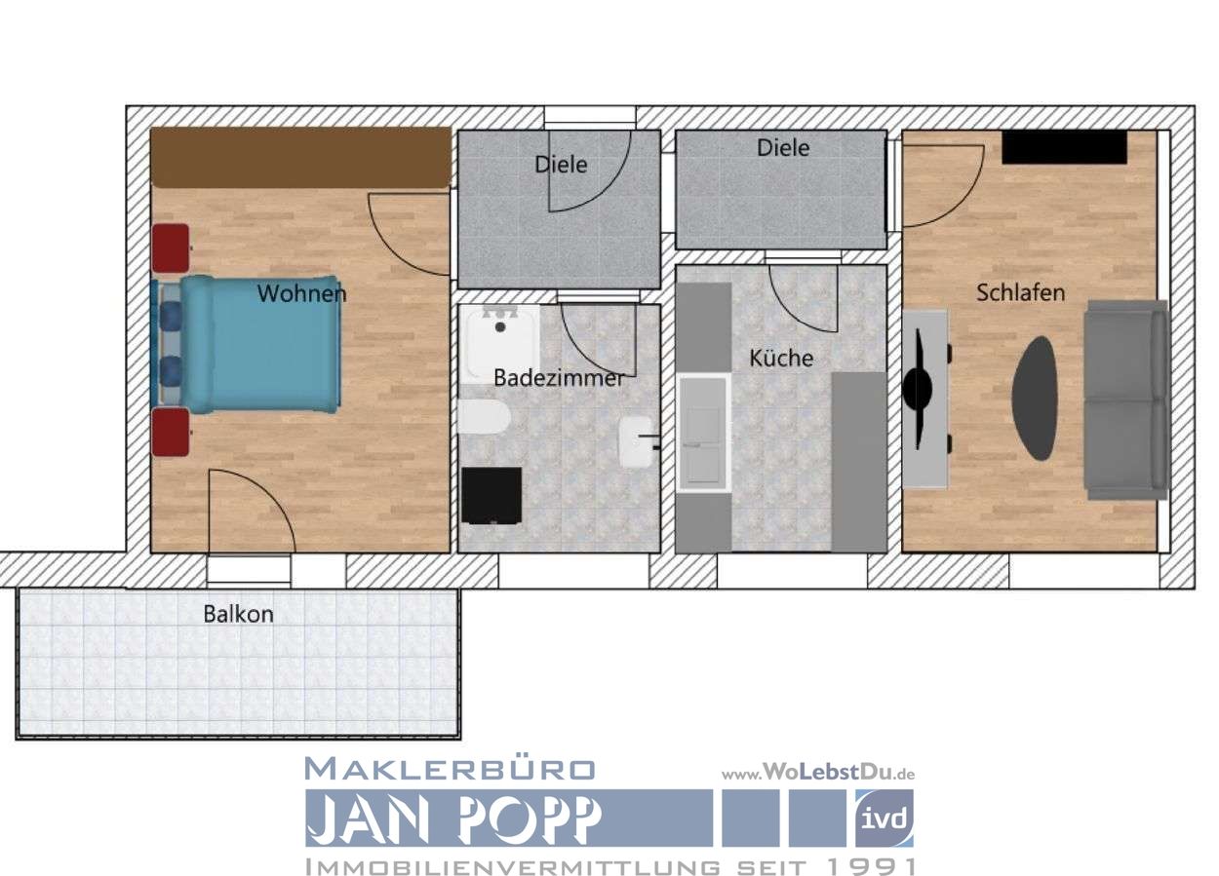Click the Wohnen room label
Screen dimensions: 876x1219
pyautogui.click(x=301, y=293)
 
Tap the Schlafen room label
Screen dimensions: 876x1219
pyautogui.click(x=1020, y=292)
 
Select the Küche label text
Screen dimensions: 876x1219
pyautogui.click(x=780, y=358)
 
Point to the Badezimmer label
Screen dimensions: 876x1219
pyautogui.click(x=558, y=378)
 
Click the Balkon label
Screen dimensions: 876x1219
pyautogui.click(x=238, y=614)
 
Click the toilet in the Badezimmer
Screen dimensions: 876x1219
pyautogui.click(x=483, y=420)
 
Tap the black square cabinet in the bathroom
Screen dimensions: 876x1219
pyautogui.click(x=492, y=496)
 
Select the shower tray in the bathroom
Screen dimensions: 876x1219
pyautogui.click(x=501, y=340)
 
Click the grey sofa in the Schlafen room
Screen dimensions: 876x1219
pyautogui.click(x=1126, y=400)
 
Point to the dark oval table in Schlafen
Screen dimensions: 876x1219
pyautogui.click(x=1035, y=398)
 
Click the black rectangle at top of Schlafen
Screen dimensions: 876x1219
pyautogui.click(x=1064, y=147)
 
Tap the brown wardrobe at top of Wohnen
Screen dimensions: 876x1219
pyautogui.click(x=300, y=157)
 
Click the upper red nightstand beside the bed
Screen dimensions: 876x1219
pyautogui.click(x=171, y=248)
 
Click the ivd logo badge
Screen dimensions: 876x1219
pyautogui.click(x=884, y=818)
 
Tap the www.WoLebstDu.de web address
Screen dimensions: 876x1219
pyautogui.click(x=817, y=773)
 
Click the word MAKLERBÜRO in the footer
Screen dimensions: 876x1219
pyautogui.click(x=450, y=769)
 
